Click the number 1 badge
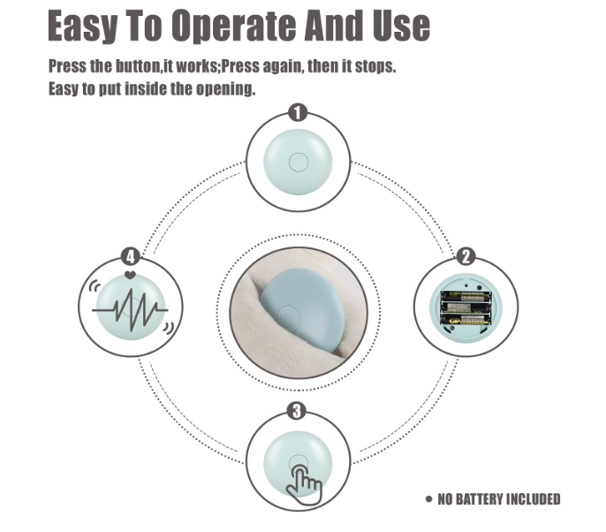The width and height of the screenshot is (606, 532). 298,113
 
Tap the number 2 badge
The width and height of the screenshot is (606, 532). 466,256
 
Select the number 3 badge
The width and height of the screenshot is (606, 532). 297,412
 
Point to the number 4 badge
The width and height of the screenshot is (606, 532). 131,256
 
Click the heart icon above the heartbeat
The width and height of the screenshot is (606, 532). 130,276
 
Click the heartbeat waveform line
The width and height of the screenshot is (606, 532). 130,309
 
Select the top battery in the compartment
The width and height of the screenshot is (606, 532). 466,297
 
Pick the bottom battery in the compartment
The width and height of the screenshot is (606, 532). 466,320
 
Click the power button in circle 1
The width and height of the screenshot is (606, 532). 298,163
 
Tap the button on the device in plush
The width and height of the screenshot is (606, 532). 288,316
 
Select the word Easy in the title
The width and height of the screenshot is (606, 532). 81,27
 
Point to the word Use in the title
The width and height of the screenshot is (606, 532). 401,26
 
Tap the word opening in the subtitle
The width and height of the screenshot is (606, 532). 225,89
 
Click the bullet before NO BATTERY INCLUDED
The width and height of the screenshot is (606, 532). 428,498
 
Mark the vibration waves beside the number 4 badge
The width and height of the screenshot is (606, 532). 95,286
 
